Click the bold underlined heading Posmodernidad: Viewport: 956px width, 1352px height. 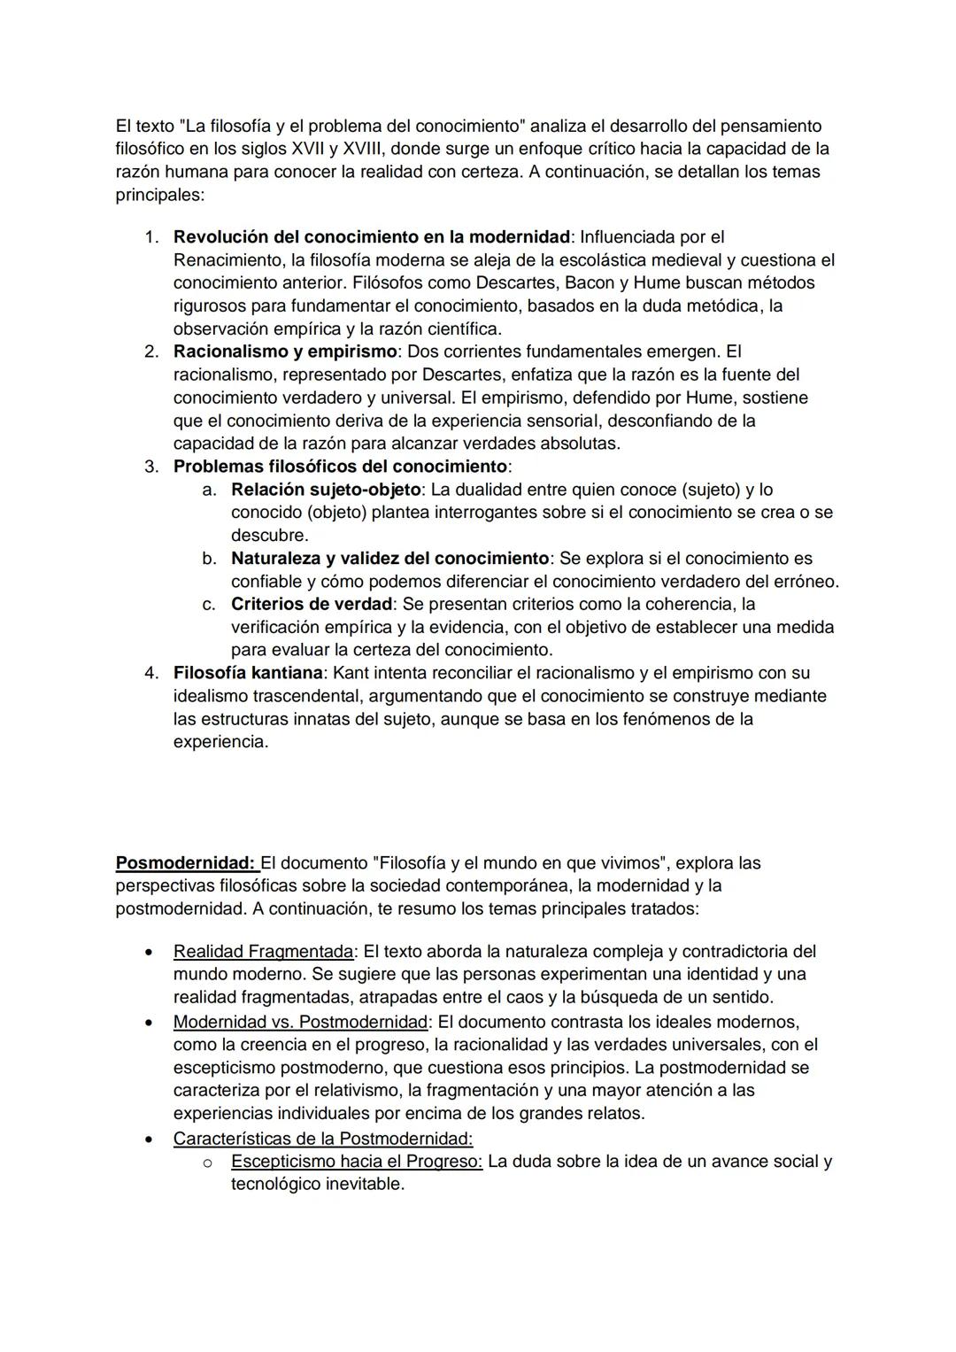(x=186, y=862)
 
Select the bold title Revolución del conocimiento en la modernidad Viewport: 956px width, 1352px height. (x=371, y=237)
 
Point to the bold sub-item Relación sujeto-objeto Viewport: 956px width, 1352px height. (x=325, y=490)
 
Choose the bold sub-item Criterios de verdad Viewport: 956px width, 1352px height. (x=311, y=604)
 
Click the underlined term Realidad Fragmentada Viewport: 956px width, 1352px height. (x=263, y=951)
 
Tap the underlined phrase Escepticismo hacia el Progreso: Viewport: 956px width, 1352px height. (x=357, y=1161)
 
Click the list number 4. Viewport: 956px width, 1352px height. (x=151, y=673)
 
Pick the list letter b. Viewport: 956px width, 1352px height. (x=209, y=559)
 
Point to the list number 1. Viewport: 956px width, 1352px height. (x=151, y=237)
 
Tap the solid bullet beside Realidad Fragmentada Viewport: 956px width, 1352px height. (x=150, y=952)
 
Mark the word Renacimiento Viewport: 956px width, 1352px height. (x=227, y=260)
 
